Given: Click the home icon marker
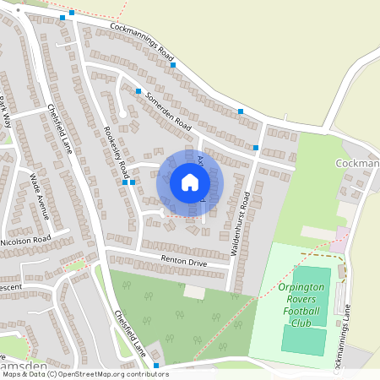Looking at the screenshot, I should (190, 182).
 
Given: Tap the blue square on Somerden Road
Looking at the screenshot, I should (138, 91).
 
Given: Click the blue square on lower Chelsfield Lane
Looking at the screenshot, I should (156, 366).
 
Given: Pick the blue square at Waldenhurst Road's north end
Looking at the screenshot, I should (255, 148).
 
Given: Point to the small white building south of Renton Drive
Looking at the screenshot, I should (195, 291).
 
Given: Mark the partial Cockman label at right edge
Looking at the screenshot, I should (358, 163).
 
